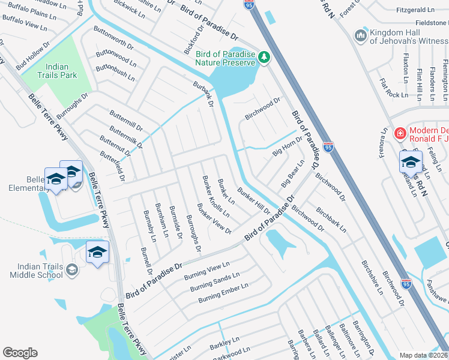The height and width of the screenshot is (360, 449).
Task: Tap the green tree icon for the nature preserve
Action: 264,57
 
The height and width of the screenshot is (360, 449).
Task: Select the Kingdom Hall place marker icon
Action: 361,36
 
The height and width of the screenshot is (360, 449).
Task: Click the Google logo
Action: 20,352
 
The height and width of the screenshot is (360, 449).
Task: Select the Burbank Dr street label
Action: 203,94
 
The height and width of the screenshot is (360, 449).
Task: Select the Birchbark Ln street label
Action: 331,220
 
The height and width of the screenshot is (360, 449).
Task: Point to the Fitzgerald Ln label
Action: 415,10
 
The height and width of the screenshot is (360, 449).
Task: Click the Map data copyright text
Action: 424,355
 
